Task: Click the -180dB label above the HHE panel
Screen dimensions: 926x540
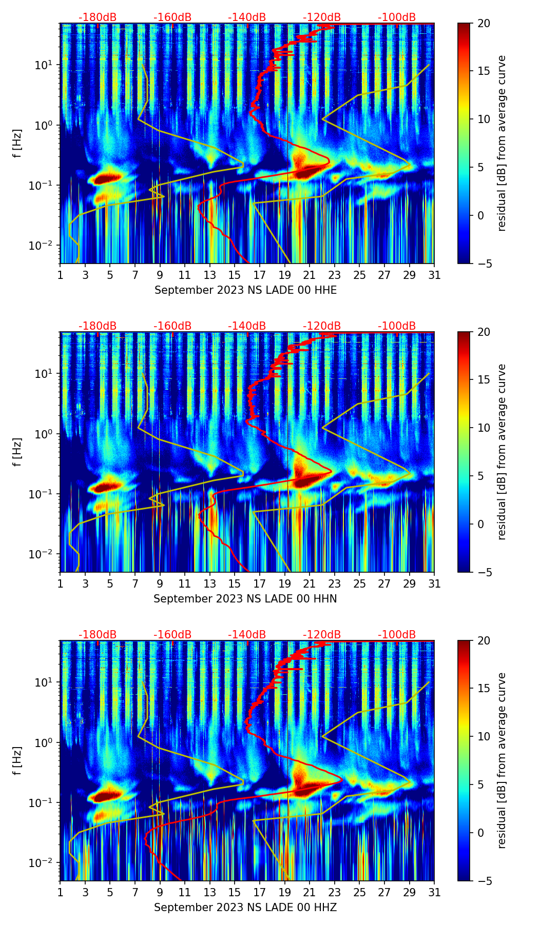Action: (x=98, y=17)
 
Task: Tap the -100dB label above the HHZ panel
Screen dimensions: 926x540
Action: (x=397, y=635)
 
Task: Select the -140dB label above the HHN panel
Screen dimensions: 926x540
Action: (x=247, y=326)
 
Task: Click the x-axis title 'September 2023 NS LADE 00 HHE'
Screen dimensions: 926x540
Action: (x=245, y=290)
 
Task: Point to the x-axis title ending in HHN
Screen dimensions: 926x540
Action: (x=245, y=599)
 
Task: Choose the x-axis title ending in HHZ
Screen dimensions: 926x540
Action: (x=245, y=908)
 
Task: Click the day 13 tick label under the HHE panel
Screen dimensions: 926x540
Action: (x=209, y=275)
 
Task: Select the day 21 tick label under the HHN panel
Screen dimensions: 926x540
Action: (x=310, y=584)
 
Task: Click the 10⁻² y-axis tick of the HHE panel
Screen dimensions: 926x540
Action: (x=44, y=246)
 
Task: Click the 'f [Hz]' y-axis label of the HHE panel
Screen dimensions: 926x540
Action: (x=17, y=143)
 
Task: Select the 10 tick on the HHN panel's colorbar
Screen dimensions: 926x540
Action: (x=486, y=428)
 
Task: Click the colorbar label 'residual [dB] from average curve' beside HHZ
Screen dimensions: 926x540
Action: (x=502, y=760)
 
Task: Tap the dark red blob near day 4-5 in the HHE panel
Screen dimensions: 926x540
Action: (x=107, y=178)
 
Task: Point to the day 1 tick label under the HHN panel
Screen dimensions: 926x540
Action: (x=61, y=584)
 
